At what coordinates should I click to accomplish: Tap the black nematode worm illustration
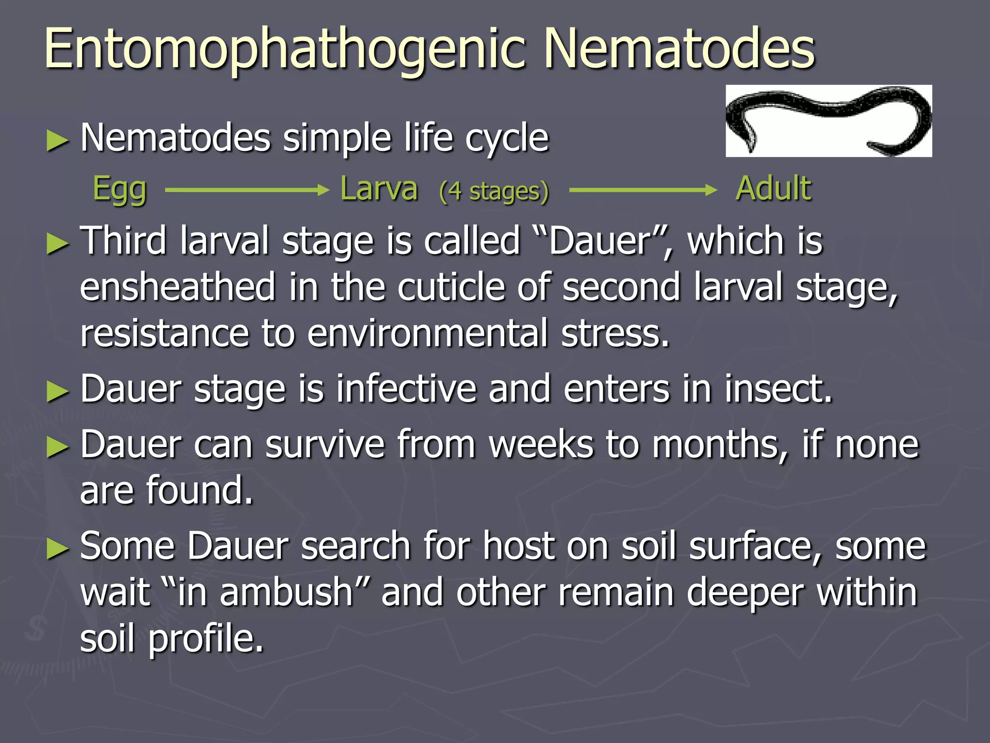pos(829,120)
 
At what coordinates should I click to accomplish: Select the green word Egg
pos(119,189)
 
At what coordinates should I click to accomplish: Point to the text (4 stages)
pos(494,191)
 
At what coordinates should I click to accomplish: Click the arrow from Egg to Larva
pos(247,190)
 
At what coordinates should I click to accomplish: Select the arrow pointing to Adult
pos(643,190)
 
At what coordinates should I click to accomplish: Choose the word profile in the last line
pos(205,639)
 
